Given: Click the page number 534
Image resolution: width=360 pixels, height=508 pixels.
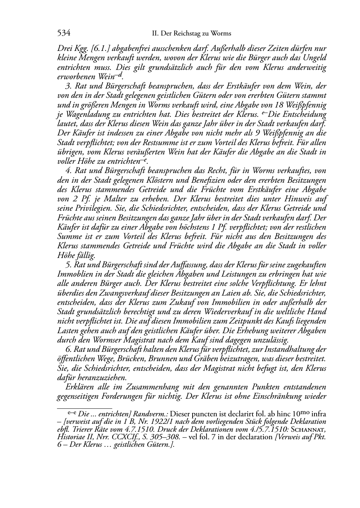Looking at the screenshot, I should pyautogui.click(x=63, y=33).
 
